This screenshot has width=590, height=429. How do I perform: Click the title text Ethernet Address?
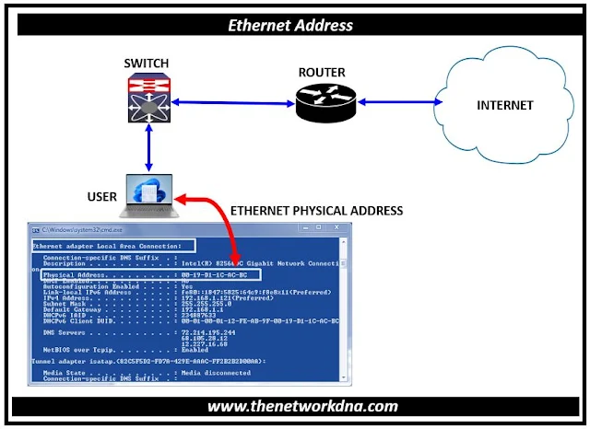coord(295,25)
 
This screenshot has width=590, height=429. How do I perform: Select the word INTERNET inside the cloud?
coord(504,105)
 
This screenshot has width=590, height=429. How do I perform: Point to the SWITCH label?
coord(147,63)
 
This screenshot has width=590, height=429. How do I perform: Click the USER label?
coord(102,197)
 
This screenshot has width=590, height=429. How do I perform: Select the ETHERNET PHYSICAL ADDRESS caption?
coord(316,211)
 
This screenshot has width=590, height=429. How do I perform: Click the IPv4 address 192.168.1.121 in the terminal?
coord(218,298)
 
